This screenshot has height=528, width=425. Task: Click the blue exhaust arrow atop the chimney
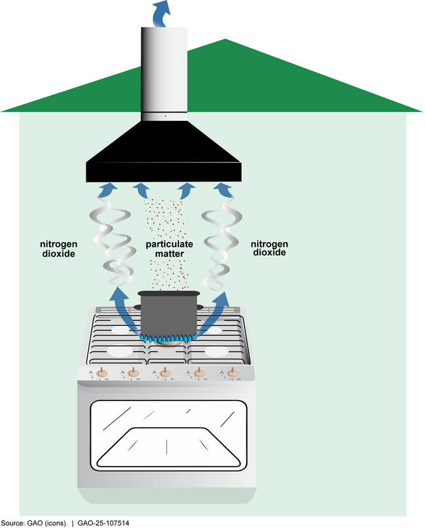click(x=160, y=12)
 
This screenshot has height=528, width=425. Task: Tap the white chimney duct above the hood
click(x=163, y=72)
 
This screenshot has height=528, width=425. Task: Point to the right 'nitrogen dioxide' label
click(x=270, y=246)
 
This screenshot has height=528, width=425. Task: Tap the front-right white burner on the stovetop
click(x=217, y=351)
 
